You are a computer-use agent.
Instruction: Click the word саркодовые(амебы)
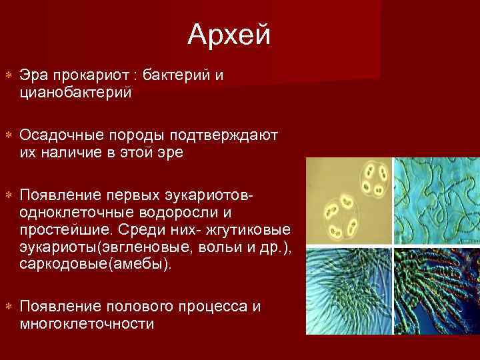[x=95, y=264]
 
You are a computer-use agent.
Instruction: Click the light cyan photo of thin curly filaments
[x=437, y=201]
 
